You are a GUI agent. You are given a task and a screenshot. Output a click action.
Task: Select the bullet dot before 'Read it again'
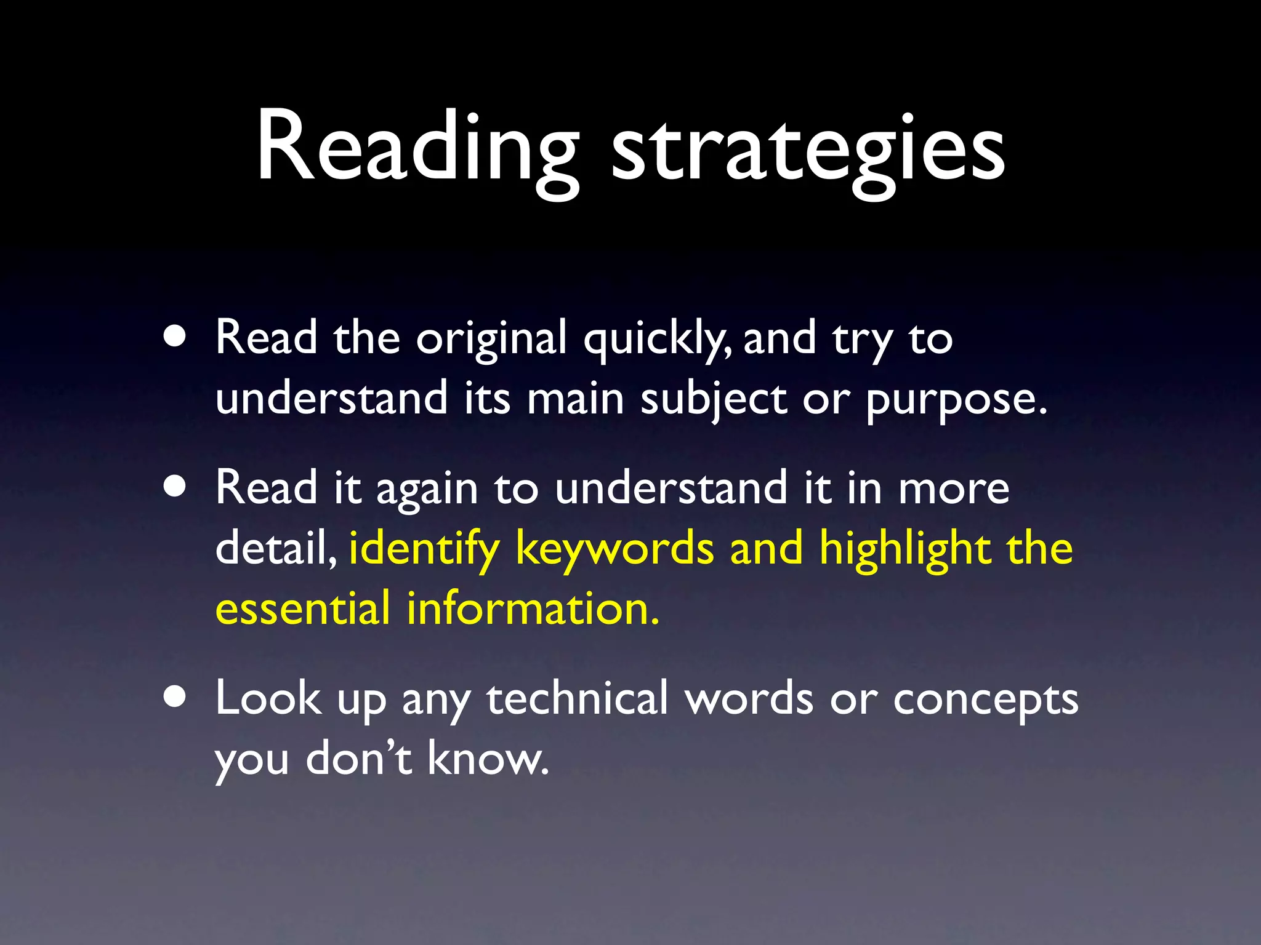(x=175, y=487)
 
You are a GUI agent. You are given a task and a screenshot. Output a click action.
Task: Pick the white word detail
(x=275, y=547)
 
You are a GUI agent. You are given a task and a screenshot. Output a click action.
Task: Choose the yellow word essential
(x=302, y=608)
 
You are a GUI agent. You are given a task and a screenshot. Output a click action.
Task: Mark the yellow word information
(x=533, y=608)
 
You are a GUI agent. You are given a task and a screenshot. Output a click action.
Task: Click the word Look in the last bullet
(x=268, y=698)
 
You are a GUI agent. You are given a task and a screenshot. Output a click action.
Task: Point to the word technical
(x=577, y=698)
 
